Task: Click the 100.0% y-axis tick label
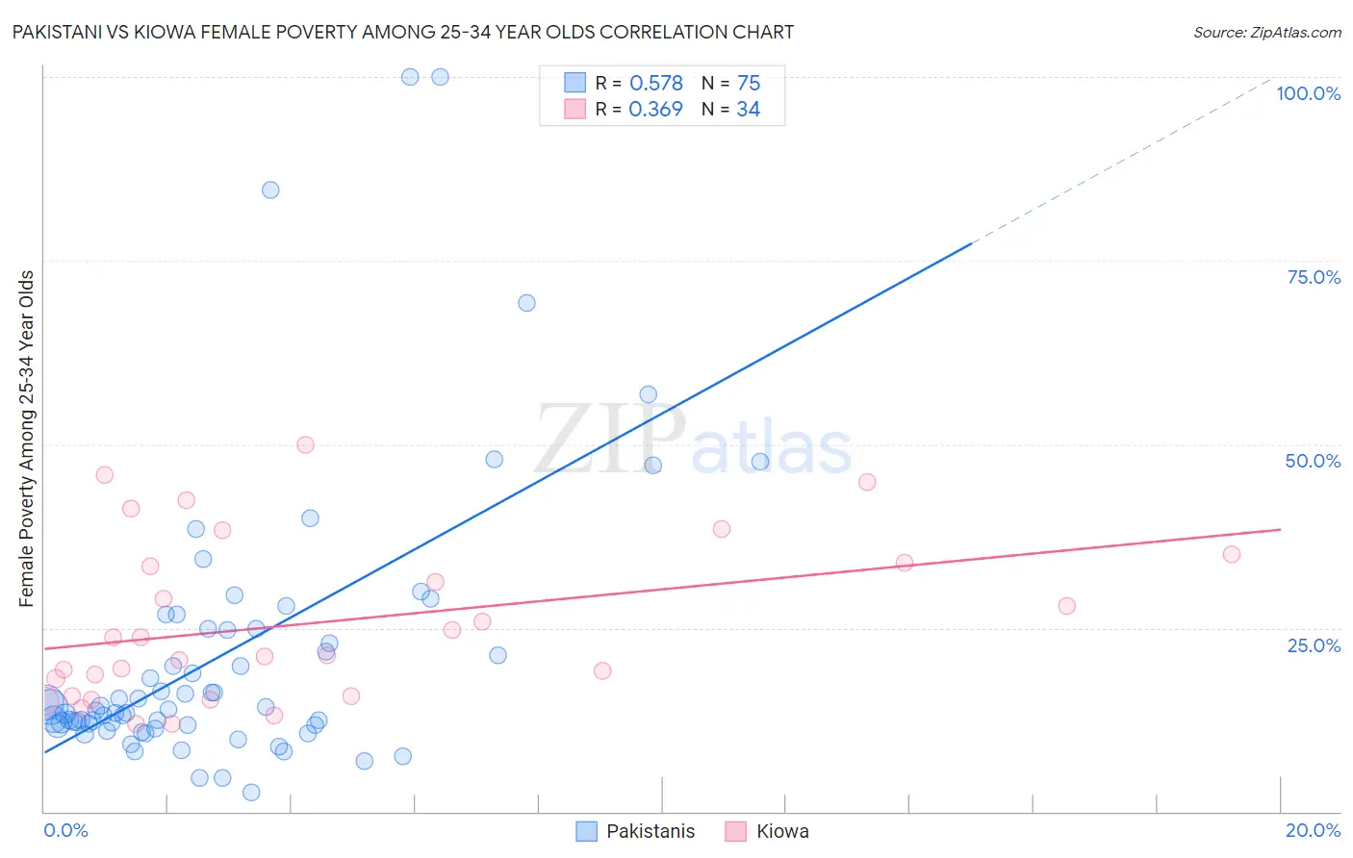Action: click(x=1308, y=93)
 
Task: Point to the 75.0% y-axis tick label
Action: click(x=1313, y=277)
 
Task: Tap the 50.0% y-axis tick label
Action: click(x=1312, y=461)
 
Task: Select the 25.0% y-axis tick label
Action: click(x=1313, y=644)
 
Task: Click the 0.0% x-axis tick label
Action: click(x=65, y=830)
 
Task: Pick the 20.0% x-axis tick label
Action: click(x=1313, y=830)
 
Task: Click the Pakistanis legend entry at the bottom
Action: click(x=650, y=831)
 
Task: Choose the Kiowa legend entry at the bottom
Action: click(x=781, y=831)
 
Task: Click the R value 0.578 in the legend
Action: click(x=655, y=83)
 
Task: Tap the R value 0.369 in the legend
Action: click(x=655, y=110)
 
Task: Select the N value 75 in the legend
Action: click(x=748, y=83)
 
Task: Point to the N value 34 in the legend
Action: click(x=748, y=110)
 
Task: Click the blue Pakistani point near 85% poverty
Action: click(x=270, y=189)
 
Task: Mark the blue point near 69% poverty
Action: click(x=526, y=303)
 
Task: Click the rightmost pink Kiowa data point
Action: click(x=1232, y=554)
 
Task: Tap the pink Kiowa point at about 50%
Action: click(x=305, y=444)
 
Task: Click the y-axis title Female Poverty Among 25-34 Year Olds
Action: click(x=26, y=439)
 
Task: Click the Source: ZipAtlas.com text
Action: click(x=1266, y=32)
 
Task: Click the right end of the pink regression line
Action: click(x=1280, y=530)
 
